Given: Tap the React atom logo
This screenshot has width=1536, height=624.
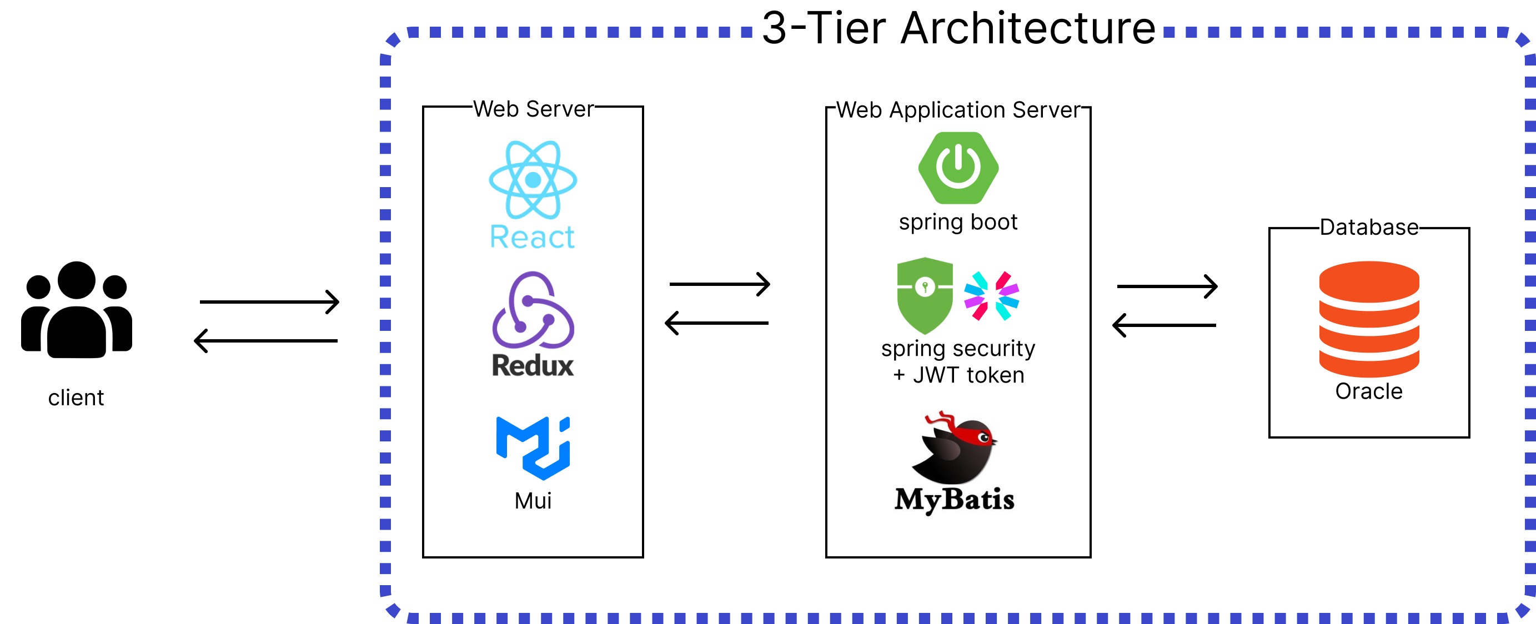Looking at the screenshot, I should point(533,179).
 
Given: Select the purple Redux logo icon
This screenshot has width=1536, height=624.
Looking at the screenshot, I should point(533,310).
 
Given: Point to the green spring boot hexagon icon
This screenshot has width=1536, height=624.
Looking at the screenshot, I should point(958,168).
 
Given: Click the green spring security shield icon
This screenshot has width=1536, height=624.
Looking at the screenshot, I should point(924,295).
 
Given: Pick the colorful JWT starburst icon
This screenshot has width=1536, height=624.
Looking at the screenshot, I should point(991,295).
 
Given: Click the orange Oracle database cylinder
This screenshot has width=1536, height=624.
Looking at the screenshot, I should point(1369,319).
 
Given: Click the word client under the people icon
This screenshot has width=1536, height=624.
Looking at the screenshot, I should point(76,397).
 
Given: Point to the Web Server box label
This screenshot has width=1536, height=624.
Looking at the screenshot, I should point(533,109).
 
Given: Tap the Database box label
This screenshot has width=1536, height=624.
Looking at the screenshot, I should point(1368,227).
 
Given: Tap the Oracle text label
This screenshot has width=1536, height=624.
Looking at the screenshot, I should point(1368,391).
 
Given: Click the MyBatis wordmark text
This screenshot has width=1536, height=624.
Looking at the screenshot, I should point(954,500).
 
